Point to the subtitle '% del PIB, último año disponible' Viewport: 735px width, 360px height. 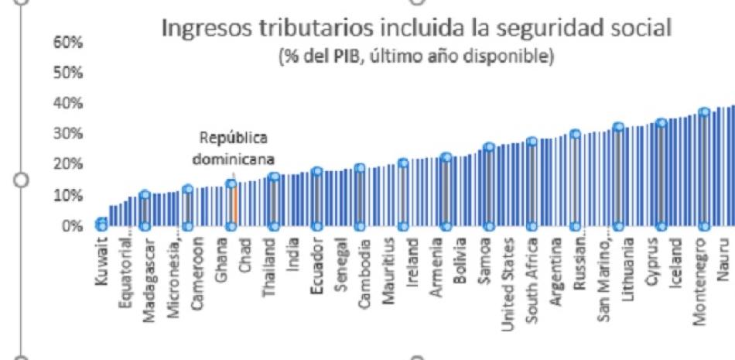tap(415, 59)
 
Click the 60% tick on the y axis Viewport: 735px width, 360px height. tap(66, 43)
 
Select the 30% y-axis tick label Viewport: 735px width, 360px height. tap(66, 134)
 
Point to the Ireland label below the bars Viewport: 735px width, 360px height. tap(413, 265)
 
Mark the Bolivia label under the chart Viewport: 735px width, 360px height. tap(461, 263)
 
